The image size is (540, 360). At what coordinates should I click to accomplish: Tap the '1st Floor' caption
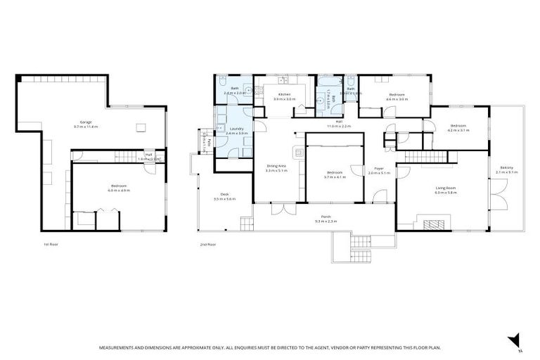click(50, 245)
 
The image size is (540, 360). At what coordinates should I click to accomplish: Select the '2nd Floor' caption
click(207, 245)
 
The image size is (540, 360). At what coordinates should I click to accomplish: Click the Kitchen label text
click(284, 94)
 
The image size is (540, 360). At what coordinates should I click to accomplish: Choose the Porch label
click(326, 217)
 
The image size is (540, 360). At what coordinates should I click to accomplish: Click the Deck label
click(224, 195)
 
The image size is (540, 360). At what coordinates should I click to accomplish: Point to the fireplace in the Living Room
click(434, 224)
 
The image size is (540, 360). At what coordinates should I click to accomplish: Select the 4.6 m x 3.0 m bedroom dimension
click(397, 99)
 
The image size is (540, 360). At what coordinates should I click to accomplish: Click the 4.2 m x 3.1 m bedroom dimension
click(458, 130)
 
